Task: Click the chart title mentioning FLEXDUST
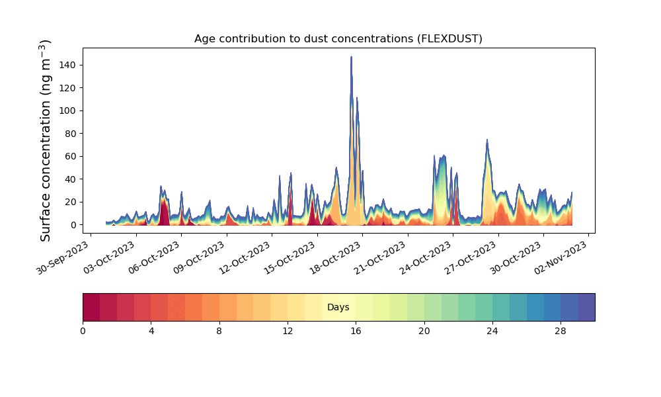coord(338,39)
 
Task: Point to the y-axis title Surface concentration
coord(46,140)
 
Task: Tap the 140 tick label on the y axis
coord(68,65)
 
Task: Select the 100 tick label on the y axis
coord(68,110)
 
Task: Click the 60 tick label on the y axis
coord(71,156)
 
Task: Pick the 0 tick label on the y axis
coord(74,225)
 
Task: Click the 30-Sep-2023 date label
coord(62,258)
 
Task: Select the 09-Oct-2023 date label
coord(198,258)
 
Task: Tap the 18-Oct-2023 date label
coord(334,258)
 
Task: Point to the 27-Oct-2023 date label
coord(470,258)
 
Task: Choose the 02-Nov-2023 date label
coord(561,258)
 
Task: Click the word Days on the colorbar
coord(338,307)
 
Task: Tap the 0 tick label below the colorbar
coord(83,331)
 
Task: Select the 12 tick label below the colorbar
coord(288,331)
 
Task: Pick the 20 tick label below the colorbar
coord(424,331)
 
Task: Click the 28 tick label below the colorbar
coord(561,331)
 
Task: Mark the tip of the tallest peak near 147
coord(351,57)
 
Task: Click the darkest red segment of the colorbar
coord(91,307)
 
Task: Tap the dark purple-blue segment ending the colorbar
coord(586,307)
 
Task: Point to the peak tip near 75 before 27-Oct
coord(487,140)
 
